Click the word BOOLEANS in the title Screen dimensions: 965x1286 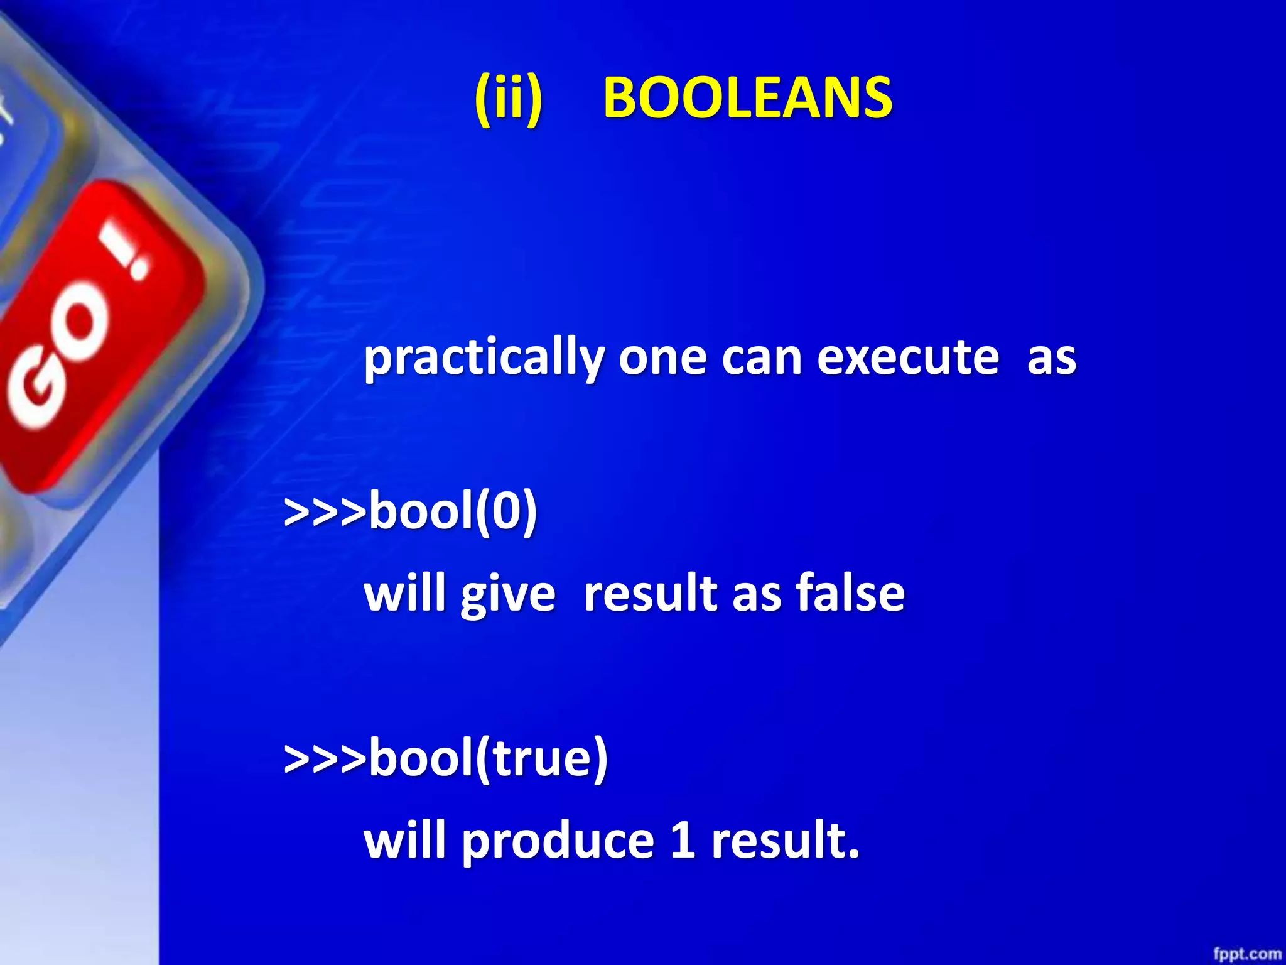tap(747, 98)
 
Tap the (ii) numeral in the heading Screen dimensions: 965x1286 tap(508, 98)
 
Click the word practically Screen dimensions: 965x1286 tap(484, 358)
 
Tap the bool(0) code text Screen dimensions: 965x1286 tap(453, 510)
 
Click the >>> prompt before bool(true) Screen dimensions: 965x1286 tap(325, 758)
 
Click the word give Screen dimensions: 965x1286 tap(507, 594)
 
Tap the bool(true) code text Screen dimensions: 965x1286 tap(488, 758)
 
